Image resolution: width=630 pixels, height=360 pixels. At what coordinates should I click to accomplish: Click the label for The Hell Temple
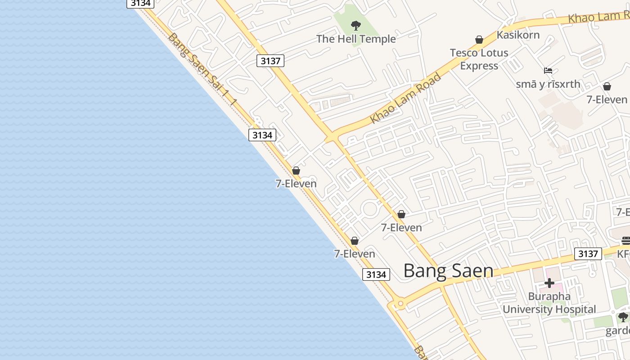pos(356,39)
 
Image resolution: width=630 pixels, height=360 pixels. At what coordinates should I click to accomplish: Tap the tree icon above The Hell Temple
pos(356,25)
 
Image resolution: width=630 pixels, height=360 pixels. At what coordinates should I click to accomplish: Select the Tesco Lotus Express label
pos(479,59)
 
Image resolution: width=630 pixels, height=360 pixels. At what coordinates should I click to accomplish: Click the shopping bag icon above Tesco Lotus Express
pos(479,40)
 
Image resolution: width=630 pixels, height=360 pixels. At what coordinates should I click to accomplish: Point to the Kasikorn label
pos(518,35)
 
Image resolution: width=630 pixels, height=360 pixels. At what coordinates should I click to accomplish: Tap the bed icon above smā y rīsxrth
pos(548,71)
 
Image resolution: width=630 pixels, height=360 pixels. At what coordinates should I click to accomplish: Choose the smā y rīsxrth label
pos(548,84)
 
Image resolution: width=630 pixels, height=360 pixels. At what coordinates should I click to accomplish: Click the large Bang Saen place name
pos(448,270)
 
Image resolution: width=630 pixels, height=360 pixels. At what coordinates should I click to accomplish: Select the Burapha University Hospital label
pos(549,303)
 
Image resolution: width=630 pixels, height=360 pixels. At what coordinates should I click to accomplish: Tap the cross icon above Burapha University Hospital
pos(549,283)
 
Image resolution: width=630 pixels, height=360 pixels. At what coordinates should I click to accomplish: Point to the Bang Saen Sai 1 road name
pos(202,70)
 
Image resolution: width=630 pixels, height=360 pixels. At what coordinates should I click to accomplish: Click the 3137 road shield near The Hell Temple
pos(270,61)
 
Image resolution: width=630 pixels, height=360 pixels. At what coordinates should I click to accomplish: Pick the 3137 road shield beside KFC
pos(588,254)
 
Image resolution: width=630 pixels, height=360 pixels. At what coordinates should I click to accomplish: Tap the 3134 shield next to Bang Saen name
pos(376,274)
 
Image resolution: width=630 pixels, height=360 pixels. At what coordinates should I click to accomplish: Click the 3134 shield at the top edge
pos(141,3)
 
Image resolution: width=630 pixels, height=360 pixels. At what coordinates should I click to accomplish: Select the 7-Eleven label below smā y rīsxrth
pos(607,99)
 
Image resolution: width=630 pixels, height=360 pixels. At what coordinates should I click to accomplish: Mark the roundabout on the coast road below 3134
pos(400,304)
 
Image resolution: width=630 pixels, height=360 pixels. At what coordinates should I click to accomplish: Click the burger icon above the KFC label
pos(625,240)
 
